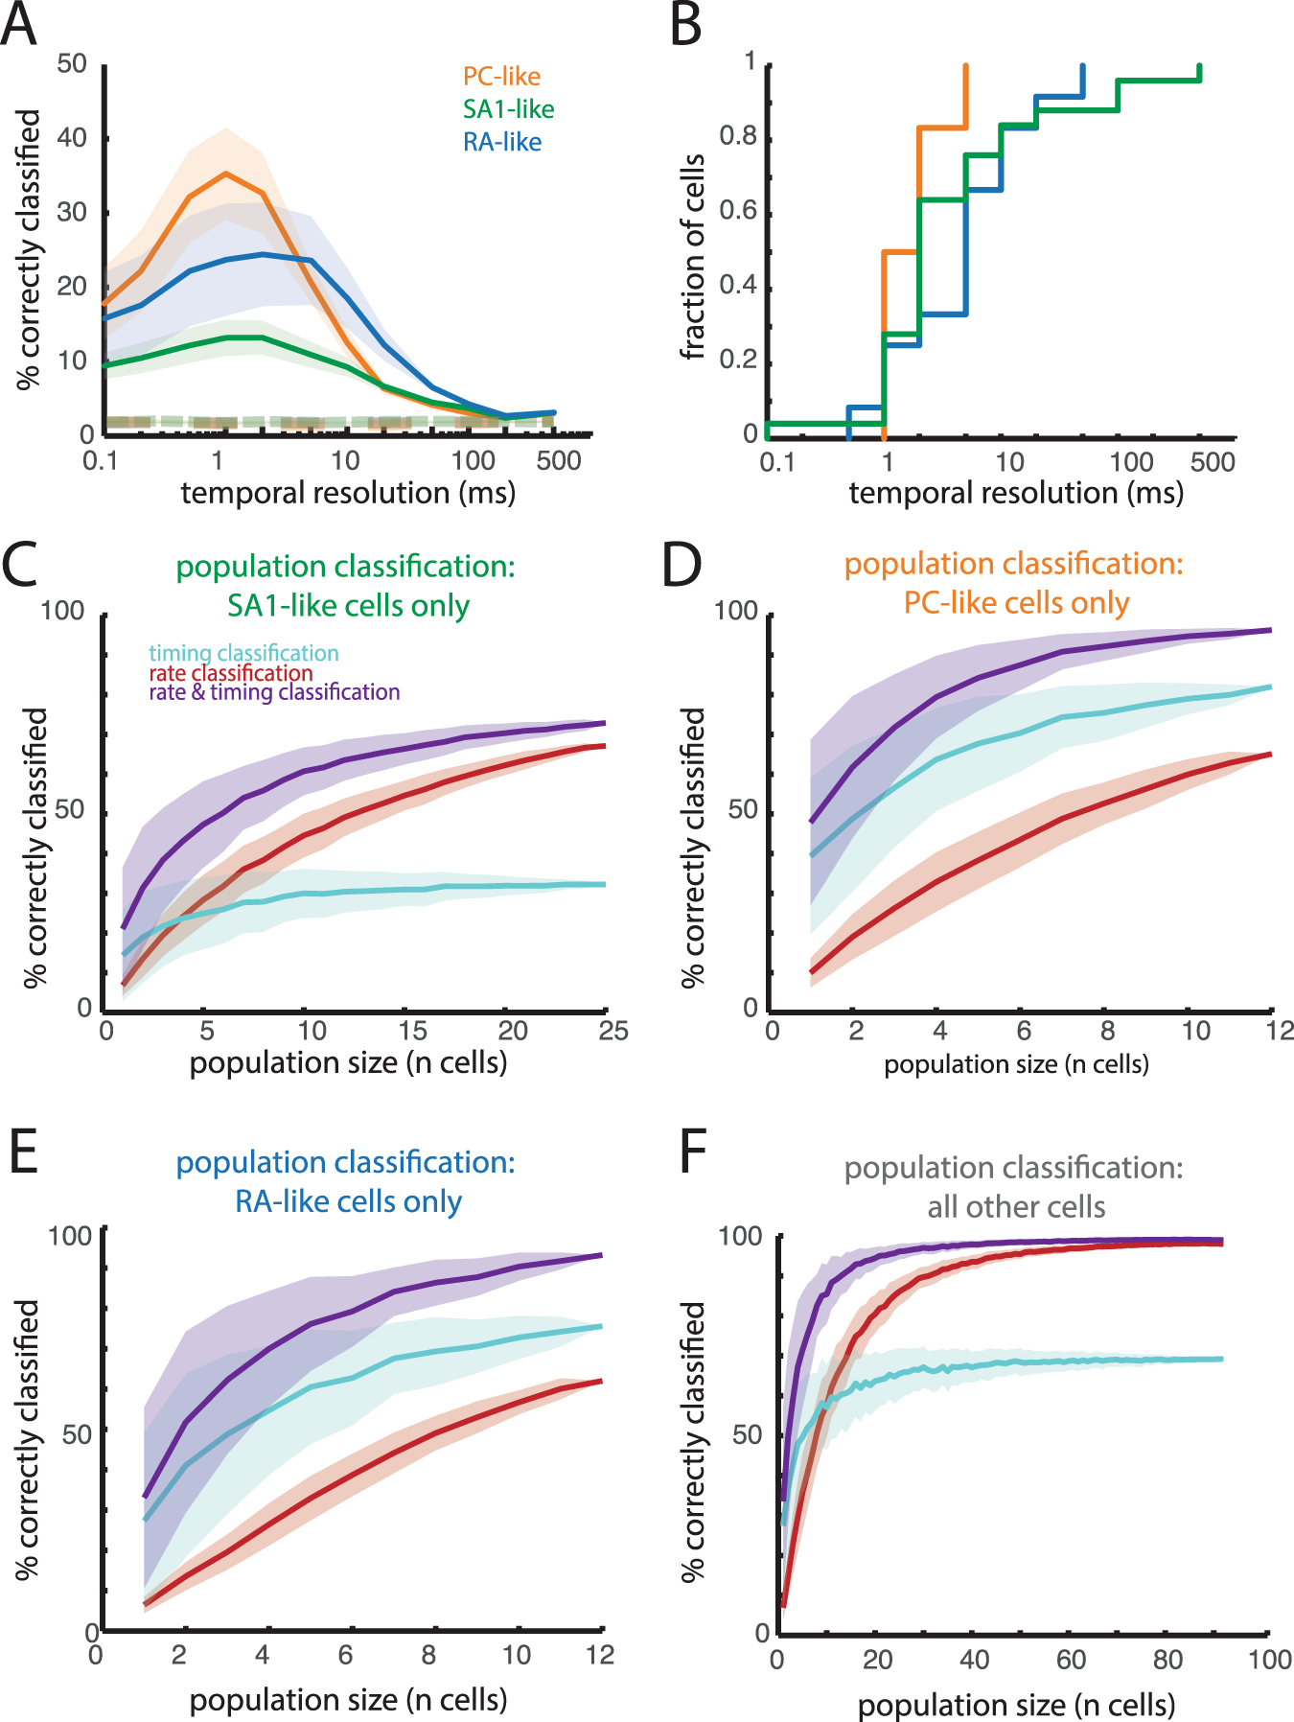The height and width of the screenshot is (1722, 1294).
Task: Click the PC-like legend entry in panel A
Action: point(501,77)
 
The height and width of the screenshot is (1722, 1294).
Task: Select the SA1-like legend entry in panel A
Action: point(508,109)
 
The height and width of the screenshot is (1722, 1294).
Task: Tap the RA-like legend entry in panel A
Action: point(502,142)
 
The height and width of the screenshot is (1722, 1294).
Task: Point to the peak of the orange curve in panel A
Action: point(225,174)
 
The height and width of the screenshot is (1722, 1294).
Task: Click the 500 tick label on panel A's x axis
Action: point(559,461)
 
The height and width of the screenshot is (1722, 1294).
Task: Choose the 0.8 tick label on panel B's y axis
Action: point(738,136)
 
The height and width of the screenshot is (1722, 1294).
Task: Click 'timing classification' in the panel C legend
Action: point(243,653)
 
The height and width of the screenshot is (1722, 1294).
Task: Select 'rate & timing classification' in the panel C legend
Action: point(274,692)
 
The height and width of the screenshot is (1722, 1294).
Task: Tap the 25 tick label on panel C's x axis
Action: point(612,1031)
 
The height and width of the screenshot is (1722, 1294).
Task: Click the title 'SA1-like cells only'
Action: point(348,606)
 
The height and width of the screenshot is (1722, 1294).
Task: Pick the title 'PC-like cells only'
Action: point(1016,603)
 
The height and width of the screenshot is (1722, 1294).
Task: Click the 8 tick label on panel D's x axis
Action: point(1107,1031)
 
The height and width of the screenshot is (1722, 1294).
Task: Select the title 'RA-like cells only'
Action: point(349,1201)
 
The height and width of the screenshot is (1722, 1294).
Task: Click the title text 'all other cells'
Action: point(1016,1207)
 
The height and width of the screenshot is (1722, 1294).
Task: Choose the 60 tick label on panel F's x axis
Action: point(1072,1660)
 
